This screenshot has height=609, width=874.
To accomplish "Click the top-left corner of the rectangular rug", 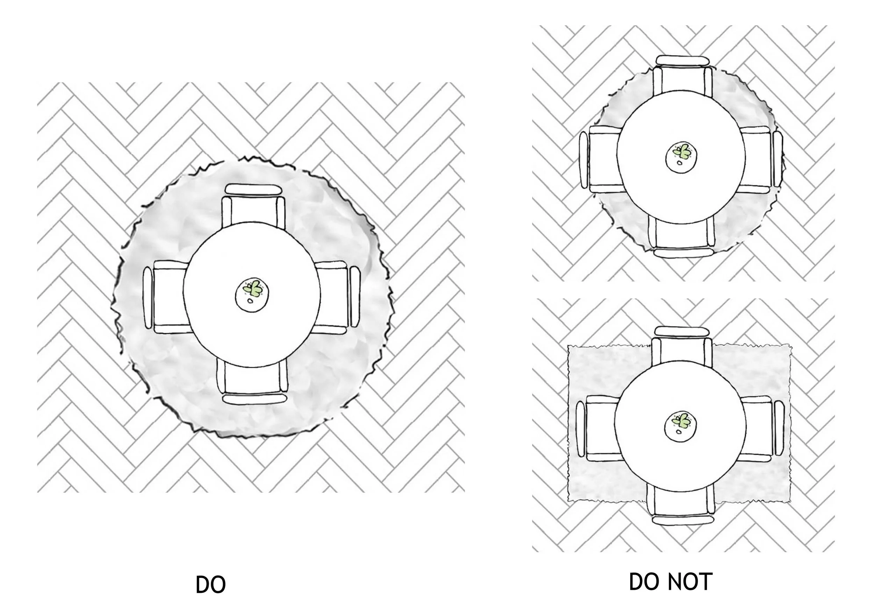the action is pos(569,347).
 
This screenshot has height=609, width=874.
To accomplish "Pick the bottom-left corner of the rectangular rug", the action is pos(569,500).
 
